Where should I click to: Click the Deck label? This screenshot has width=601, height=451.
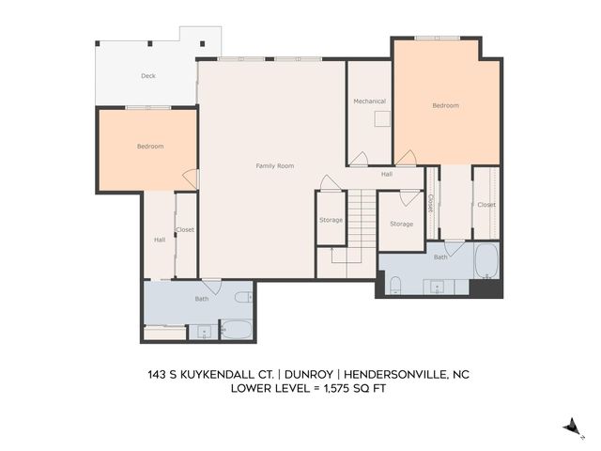tap(148, 76)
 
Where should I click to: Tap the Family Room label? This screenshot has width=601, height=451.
tap(275, 165)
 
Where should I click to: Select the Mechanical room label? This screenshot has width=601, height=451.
tap(369, 101)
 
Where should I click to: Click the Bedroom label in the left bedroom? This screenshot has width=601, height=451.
tap(150, 147)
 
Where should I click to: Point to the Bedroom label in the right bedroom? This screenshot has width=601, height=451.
tap(445, 105)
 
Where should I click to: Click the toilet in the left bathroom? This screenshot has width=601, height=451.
tap(242, 298)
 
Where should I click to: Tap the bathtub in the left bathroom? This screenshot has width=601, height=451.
tap(236, 330)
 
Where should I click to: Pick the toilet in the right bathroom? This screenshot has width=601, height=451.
tap(395, 285)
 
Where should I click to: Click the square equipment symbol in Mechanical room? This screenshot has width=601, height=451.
tap(381, 118)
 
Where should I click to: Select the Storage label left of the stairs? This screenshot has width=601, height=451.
tap(331, 220)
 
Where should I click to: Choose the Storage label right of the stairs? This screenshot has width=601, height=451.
tap(401, 224)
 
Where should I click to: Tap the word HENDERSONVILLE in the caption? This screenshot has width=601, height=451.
tap(401, 373)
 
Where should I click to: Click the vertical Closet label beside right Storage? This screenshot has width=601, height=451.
tap(430, 202)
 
